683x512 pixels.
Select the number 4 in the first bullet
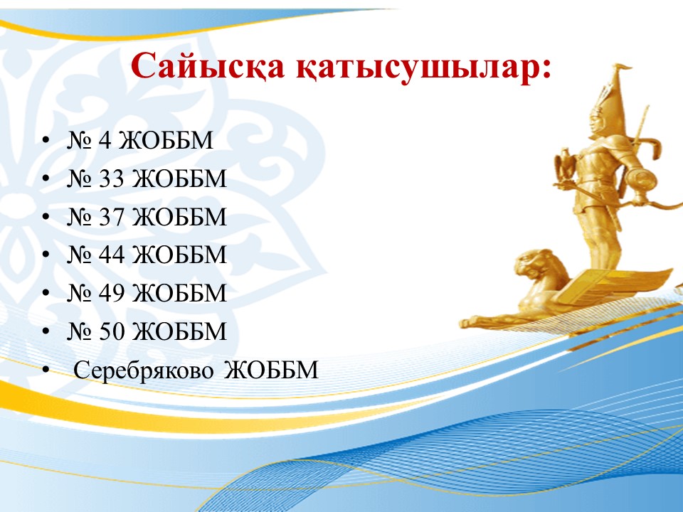105,140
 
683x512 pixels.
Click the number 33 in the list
112,178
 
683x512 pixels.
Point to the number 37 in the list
112,217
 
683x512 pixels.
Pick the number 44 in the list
112,255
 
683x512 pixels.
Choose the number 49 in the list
112,293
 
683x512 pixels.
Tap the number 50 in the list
112,331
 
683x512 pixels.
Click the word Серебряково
144,370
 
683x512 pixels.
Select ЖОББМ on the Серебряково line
271,370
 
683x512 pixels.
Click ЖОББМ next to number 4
166,140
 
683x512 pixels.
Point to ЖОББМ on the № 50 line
179,331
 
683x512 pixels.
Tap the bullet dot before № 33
46,178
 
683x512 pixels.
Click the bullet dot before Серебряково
46,370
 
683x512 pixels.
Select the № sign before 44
79,255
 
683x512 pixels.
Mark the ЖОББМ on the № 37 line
179,217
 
